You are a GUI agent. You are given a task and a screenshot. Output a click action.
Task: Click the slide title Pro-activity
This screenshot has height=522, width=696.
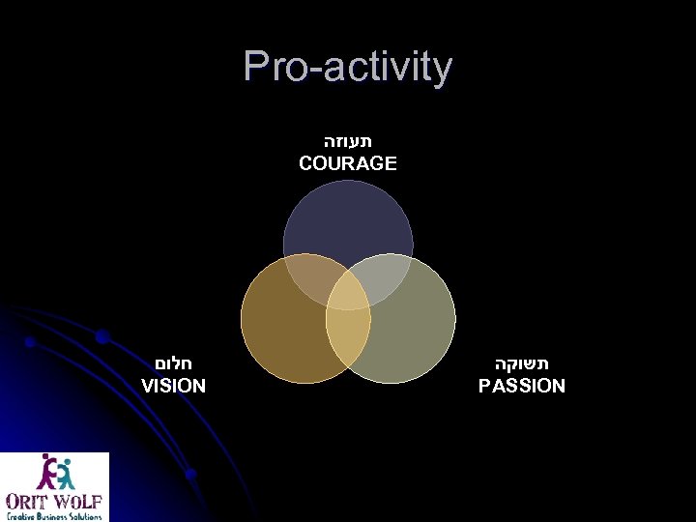click(x=348, y=67)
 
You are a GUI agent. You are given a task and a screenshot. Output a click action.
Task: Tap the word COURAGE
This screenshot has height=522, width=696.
click(x=348, y=163)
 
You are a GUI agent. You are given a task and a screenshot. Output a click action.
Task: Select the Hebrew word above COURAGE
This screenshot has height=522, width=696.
click(x=348, y=141)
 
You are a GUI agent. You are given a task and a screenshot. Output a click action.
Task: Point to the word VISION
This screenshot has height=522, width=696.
click(x=174, y=386)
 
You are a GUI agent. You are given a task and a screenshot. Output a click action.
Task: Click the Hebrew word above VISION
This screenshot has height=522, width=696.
click(x=175, y=363)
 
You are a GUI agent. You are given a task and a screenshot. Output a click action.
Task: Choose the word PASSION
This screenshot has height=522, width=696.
click(x=522, y=386)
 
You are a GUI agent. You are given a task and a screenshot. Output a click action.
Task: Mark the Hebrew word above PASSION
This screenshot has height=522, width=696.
click(x=522, y=363)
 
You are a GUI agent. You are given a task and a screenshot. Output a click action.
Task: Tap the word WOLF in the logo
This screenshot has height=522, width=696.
click(x=77, y=503)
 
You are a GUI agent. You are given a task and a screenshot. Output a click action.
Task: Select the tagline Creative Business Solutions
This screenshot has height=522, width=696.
click(x=54, y=516)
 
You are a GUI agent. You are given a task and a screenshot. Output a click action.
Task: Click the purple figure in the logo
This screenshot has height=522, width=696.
click(x=45, y=473)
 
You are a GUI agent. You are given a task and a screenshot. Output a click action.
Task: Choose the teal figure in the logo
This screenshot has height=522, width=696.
click(x=64, y=473)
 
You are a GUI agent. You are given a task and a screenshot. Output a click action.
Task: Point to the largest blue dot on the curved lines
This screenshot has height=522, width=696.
click(x=101, y=337)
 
